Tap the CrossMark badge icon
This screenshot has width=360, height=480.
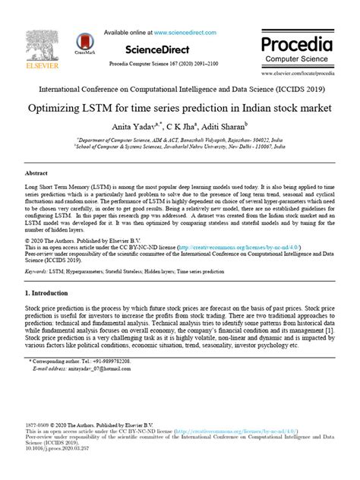[x=84, y=39]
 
